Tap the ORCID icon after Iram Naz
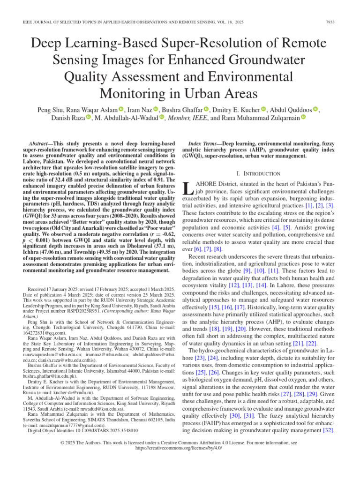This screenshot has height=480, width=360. pos(156,109)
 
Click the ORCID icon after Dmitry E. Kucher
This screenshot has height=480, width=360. pos(263,109)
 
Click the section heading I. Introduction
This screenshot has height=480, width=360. pos(259,173)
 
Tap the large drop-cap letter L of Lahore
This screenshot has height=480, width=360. pos(187,188)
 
